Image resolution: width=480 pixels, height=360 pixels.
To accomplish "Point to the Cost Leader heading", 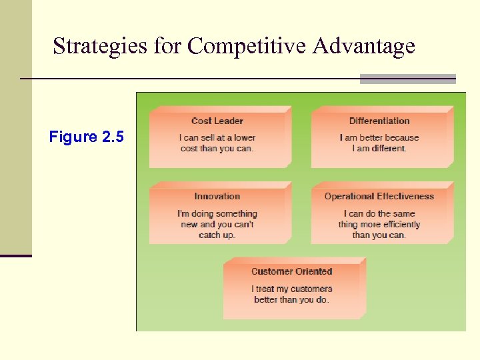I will click(217, 121).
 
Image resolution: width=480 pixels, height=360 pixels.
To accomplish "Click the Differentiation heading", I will click(379, 121).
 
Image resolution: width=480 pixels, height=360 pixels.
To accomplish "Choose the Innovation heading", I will click(217, 196).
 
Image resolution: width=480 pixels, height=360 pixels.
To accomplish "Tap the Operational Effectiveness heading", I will click(379, 196).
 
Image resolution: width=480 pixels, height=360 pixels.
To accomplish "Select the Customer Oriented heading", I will click(291, 271).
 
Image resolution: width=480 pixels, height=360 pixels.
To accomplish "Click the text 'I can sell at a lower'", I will click(217, 137).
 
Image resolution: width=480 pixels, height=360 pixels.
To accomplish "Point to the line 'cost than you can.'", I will click(217, 148).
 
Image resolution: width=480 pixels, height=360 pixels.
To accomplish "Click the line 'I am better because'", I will click(379, 137).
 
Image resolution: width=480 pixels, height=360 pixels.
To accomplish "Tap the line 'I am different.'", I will click(379, 148).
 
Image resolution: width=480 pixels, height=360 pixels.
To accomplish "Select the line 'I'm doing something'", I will click(217, 213).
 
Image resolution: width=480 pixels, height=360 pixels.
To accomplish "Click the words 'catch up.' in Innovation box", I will click(217, 235).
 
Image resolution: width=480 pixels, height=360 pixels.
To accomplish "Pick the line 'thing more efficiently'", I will click(379, 224).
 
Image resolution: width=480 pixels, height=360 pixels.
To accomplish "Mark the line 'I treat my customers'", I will click(291, 289).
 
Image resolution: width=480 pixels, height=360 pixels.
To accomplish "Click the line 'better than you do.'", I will click(291, 299).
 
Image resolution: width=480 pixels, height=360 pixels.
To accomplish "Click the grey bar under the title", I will click(407, 79).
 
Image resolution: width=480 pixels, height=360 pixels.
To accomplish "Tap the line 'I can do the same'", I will click(379, 213).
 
